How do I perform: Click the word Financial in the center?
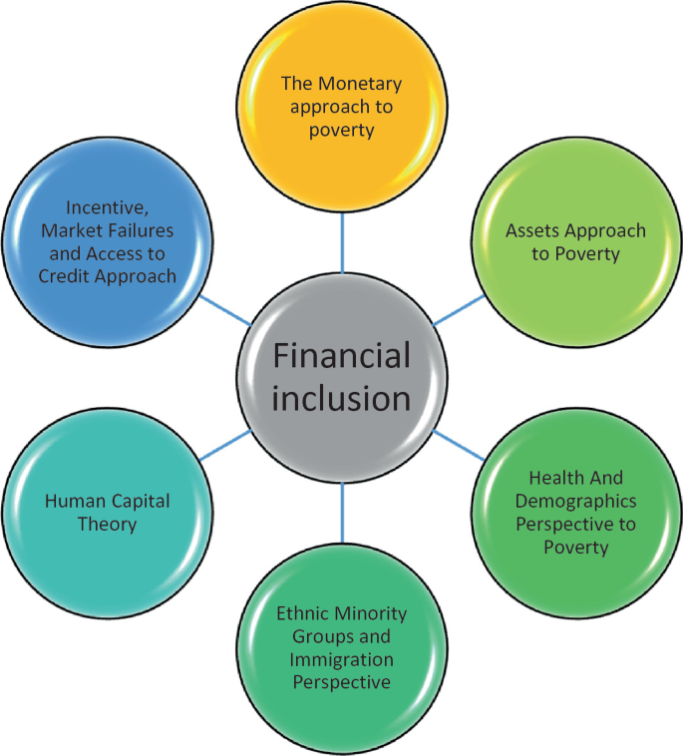(x=342, y=356)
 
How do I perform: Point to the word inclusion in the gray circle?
(x=342, y=398)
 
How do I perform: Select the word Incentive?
(x=107, y=207)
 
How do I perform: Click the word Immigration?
(x=342, y=660)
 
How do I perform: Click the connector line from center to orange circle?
(x=342, y=244)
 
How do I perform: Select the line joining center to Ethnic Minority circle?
(x=342, y=509)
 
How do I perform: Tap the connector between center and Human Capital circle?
(x=223, y=446)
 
